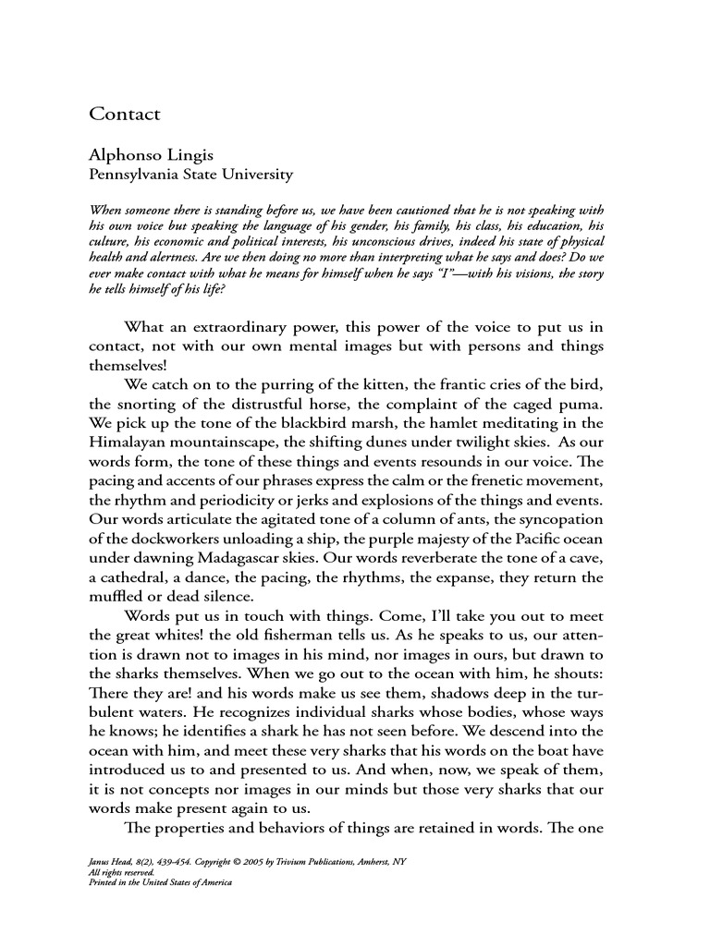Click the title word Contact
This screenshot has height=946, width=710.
pyautogui.click(x=125, y=115)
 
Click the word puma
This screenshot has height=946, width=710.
pyautogui.click(x=581, y=404)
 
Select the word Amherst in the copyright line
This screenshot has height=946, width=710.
pyautogui.click(x=367, y=861)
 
